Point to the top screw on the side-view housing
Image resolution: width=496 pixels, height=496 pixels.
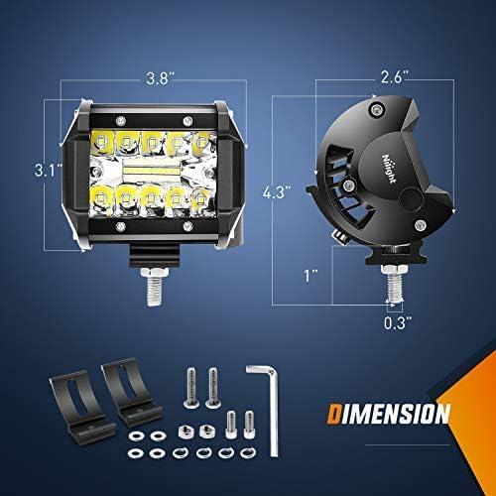375,108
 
